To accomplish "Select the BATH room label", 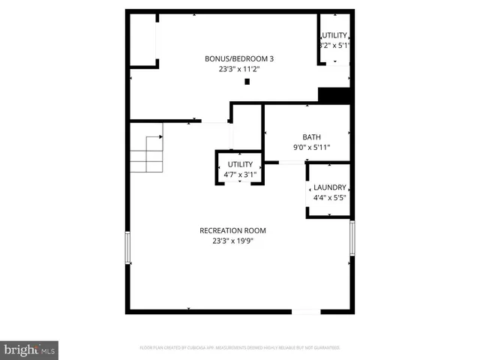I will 311,137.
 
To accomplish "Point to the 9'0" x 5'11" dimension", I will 311,148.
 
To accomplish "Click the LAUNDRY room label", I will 329,187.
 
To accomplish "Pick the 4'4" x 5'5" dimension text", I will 329,198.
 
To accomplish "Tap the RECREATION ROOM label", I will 232,230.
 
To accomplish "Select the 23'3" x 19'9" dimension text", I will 232,241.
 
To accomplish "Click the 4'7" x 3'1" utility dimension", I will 241,175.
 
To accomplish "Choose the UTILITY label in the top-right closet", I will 334,36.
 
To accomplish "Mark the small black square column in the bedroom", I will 247,81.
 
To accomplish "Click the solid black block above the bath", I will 334,96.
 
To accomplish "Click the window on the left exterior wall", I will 128,247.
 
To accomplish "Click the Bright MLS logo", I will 30,349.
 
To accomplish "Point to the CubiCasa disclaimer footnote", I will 240,348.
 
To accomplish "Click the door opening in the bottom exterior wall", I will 305,310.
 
